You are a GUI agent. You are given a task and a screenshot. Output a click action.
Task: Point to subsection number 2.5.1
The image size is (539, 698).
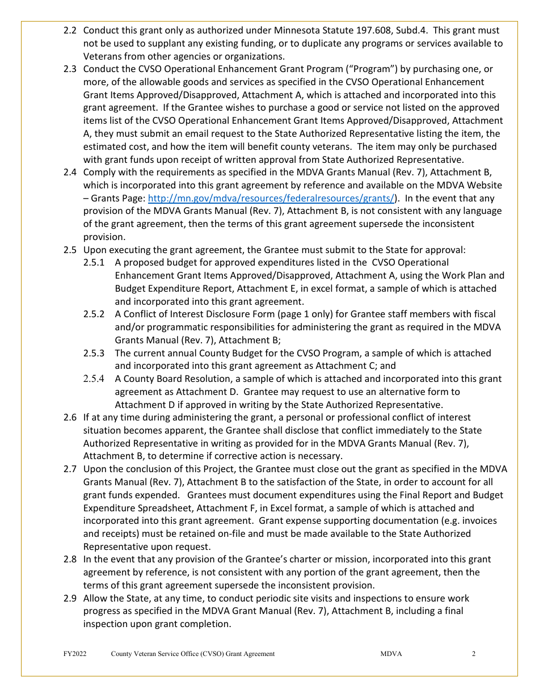point(94,262)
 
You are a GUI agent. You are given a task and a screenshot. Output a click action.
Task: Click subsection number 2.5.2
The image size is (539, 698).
point(94,314)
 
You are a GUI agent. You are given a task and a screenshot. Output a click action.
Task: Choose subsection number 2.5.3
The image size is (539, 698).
point(94,353)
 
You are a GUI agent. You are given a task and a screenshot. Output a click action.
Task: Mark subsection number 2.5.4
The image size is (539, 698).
point(94,379)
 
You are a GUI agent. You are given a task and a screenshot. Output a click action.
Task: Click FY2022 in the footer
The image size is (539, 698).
point(75,654)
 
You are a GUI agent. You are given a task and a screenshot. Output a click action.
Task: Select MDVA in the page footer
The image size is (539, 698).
point(391,654)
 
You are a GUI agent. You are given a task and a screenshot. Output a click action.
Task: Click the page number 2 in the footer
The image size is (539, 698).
point(473,654)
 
